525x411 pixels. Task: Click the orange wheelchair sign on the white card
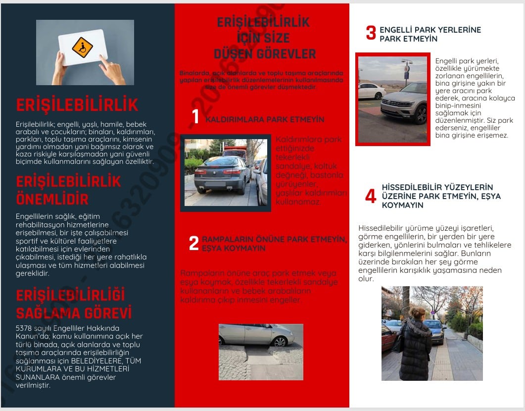(82, 47)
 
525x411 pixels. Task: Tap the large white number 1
(195, 117)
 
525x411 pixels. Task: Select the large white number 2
(194, 244)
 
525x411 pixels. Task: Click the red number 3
(371, 33)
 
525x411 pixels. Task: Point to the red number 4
(371, 197)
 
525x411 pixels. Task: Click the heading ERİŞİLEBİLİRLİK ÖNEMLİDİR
(68, 190)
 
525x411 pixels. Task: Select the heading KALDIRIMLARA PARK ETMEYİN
(265, 119)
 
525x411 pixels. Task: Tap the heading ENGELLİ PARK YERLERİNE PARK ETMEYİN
(430, 34)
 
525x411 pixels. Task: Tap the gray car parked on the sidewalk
(222, 174)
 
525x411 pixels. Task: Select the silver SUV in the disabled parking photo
(404, 103)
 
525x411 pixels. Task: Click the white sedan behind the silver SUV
(371, 91)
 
